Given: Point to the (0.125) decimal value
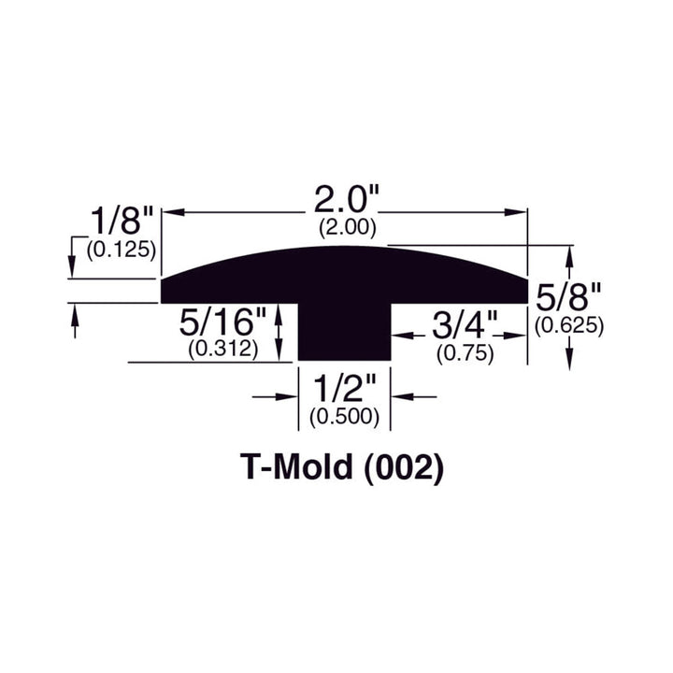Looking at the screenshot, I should tap(120, 251).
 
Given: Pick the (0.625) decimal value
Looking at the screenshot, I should tap(568, 325).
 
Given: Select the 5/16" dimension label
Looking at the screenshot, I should tap(225, 325).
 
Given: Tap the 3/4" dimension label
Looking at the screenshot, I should tap(465, 329).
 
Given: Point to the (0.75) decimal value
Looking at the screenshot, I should tap(465, 355).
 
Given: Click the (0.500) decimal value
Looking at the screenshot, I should tap(344, 418).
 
